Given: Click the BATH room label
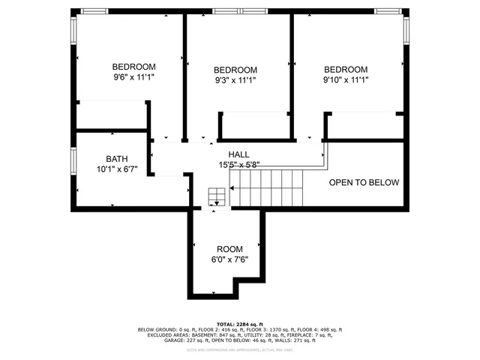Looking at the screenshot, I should (x=116, y=158).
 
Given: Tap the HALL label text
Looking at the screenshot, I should (x=239, y=154).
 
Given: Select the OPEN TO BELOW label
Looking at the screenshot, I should (x=364, y=182).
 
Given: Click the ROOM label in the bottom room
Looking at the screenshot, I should (x=230, y=249).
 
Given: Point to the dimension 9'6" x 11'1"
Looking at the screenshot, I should (x=133, y=76).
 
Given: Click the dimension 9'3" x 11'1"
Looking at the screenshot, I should (x=235, y=80).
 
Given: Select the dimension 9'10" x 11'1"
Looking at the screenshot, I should (x=346, y=79).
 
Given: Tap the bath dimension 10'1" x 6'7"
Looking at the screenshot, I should (x=116, y=169).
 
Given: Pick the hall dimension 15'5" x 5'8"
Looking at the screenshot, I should (x=239, y=164).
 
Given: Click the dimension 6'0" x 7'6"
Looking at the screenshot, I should (x=230, y=259).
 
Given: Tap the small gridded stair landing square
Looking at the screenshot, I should (x=216, y=193).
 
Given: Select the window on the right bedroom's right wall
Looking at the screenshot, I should (x=406, y=29).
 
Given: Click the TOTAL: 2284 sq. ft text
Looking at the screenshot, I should (x=239, y=323).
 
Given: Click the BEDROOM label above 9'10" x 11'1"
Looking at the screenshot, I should (x=346, y=69).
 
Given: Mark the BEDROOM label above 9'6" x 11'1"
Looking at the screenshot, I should (x=133, y=66).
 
